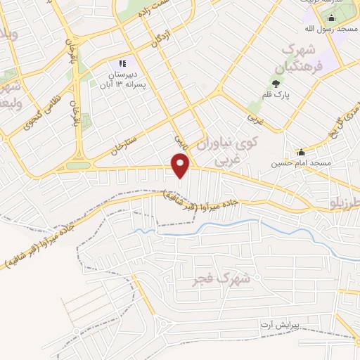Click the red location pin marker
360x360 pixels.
(181, 166)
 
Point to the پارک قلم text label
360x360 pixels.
(276, 95)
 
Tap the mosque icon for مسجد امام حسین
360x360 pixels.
(301, 152)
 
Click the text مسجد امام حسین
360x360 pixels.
(297, 163)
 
